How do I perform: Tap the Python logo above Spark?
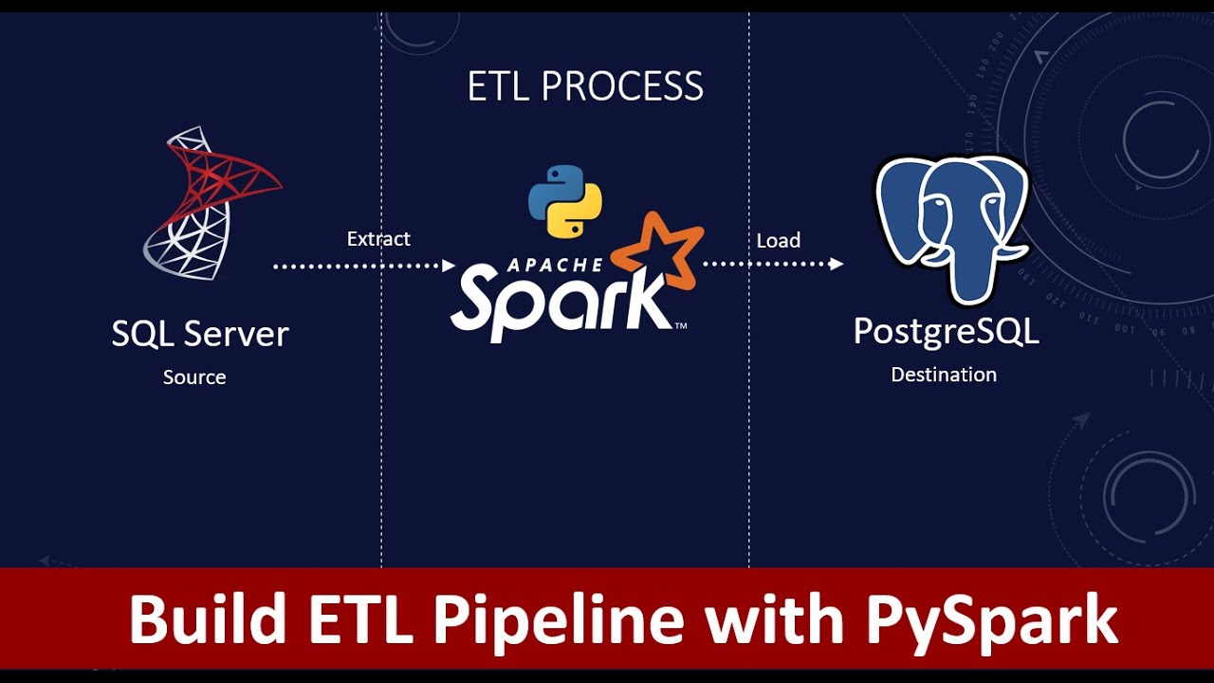(x=565, y=201)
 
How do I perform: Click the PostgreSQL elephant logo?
(x=951, y=228)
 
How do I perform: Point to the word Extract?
(x=378, y=239)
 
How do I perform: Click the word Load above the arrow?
(x=778, y=241)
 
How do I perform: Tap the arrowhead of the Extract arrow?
(x=450, y=267)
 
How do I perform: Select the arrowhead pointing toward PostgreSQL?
(x=837, y=265)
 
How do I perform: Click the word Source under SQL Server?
(x=194, y=378)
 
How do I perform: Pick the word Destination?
(x=944, y=375)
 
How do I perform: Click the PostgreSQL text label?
(x=946, y=332)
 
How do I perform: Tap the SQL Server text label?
(x=200, y=334)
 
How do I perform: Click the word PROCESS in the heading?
(x=622, y=87)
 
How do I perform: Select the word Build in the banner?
(x=207, y=620)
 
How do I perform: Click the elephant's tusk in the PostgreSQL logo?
(x=1008, y=253)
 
